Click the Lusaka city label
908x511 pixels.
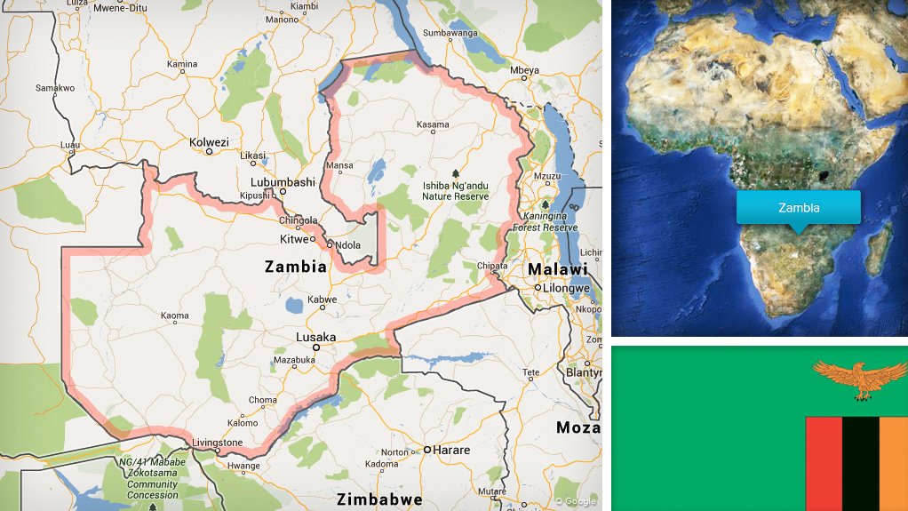point(317,338)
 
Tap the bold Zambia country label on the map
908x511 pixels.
point(295,266)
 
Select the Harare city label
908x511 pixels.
point(452,451)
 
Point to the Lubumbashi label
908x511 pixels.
point(284,181)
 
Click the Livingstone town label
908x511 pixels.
point(219,443)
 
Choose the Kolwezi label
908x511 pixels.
point(209,142)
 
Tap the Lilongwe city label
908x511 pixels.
point(568,288)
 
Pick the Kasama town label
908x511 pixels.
point(433,124)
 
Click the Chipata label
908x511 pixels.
point(491,265)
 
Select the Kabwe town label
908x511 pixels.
point(322,300)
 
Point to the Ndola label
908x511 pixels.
point(346,244)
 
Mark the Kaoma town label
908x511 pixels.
point(174,315)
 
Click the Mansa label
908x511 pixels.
point(339,165)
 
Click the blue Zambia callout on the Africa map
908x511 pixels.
point(798,208)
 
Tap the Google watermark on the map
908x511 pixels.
point(576,501)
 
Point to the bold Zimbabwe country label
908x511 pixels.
point(373,498)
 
